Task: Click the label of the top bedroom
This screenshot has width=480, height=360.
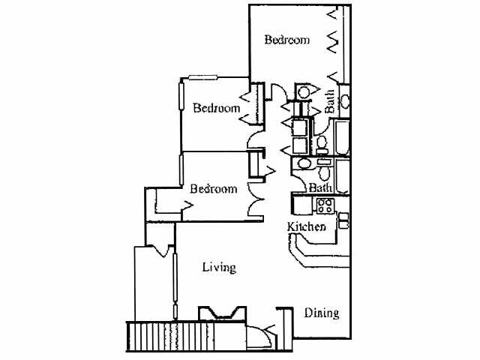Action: (287, 40)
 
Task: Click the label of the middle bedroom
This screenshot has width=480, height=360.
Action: (216, 108)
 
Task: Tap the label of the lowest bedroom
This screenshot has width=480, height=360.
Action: (213, 189)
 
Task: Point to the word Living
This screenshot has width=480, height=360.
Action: (220, 267)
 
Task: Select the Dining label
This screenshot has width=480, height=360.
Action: (321, 313)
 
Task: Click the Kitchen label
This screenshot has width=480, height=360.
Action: (307, 226)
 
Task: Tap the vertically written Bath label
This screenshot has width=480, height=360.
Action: (330, 101)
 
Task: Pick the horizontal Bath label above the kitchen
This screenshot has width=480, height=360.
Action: (320, 187)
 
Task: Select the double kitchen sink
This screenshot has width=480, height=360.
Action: (343, 220)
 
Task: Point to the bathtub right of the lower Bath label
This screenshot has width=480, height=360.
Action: (342, 177)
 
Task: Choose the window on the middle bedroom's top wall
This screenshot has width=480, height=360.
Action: (203, 77)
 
